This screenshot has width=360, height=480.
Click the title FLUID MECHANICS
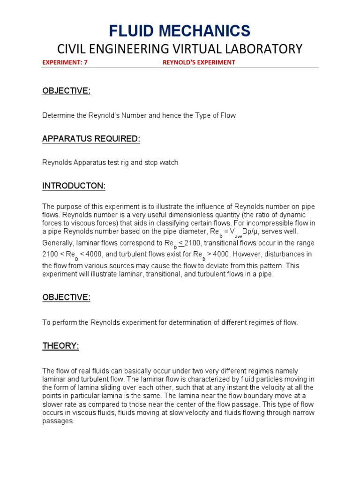[x=180, y=31]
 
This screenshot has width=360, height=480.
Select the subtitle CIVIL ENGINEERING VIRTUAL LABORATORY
[x=180, y=49]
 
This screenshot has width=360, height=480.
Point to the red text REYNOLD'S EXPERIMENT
[x=199, y=62]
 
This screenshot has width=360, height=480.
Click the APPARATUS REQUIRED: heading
[x=91, y=139]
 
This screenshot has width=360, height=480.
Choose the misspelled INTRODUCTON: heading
[x=74, y=187]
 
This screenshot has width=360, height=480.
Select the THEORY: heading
[x=61, y=346]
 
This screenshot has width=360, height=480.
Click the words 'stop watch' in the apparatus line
[x=163, y=163]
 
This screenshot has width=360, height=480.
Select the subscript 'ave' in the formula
[x=239, y=237]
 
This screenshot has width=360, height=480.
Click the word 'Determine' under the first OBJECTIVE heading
[x=58, y=115]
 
